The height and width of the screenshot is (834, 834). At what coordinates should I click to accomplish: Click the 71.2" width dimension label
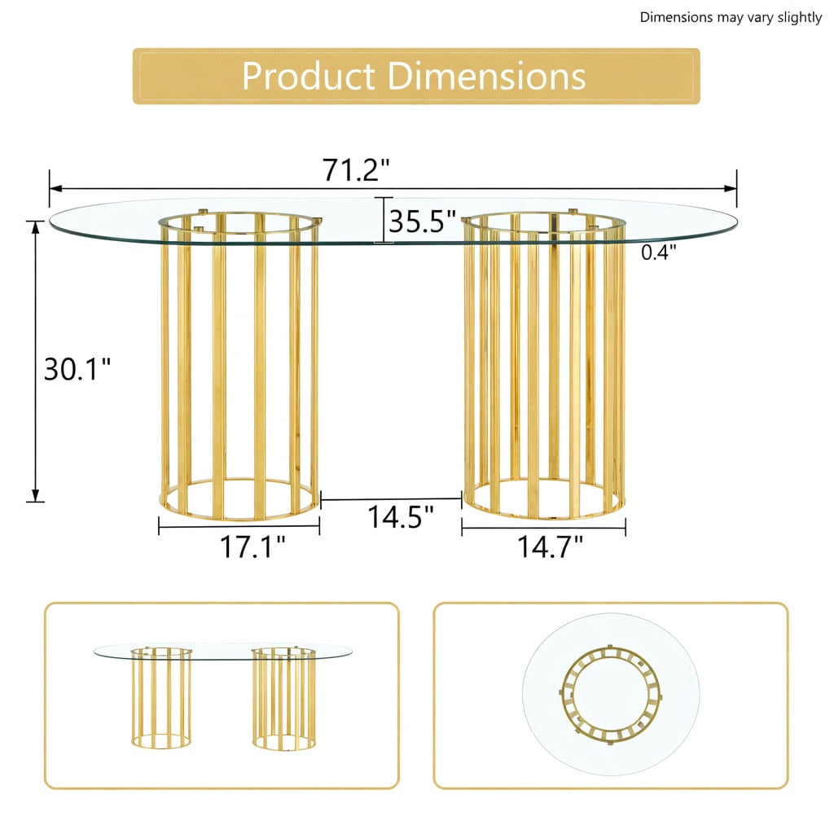click(356, 169)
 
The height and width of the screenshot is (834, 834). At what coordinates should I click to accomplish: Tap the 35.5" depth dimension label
click(423, 222)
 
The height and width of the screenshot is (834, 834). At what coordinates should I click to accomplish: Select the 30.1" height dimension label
click(77, 369)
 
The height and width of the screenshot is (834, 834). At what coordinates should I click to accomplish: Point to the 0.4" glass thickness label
click(658, 252)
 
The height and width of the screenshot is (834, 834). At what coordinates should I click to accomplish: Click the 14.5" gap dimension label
click(401, 516)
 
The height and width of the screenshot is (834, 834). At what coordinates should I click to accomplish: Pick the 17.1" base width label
click(252, 546)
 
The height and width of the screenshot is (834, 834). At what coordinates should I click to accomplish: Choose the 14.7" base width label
click(550, 546)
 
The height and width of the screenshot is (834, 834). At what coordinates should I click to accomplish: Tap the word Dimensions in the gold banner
click(487, 76)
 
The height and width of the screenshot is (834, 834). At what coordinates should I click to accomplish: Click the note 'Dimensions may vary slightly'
click(731, 18)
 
